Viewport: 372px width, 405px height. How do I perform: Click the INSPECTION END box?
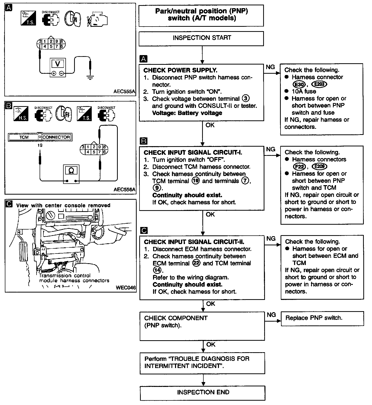coord(203,392)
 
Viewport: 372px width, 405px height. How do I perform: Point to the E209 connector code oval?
coord(320,166)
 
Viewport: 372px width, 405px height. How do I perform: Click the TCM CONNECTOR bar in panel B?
coord(40,137)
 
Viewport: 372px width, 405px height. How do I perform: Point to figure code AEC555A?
coord(125,91)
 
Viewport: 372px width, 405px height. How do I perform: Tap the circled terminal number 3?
coord(246,98)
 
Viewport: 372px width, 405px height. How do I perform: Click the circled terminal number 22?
coord(196,263)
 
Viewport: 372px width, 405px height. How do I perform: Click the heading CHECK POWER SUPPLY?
coord(180,70)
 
